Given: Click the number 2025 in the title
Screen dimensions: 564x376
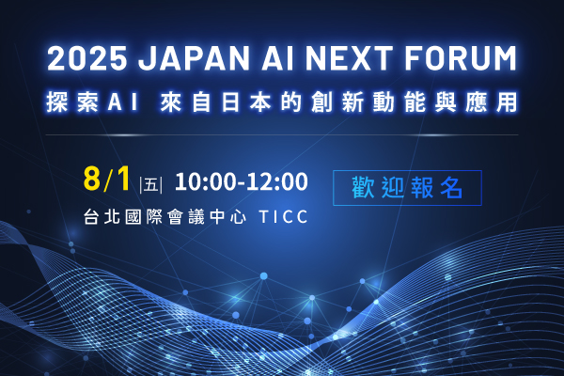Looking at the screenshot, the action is [x=87, y=58].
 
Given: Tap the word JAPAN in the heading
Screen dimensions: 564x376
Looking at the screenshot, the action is [x=195, y=58].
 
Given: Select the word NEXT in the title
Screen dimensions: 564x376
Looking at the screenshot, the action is [x=349, y=58].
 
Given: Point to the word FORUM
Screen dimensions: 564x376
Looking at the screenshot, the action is [x=461, y=58].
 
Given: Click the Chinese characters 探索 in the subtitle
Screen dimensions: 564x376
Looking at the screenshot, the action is [x=72, y=102].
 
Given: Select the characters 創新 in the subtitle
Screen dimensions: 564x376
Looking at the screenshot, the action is [x=337, y=102].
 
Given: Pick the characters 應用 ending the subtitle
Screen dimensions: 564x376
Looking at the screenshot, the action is [x=492, y=102].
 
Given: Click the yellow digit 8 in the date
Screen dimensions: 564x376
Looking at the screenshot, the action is [x=92, y=179].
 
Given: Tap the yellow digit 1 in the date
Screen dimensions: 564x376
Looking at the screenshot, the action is [x=123, y=179].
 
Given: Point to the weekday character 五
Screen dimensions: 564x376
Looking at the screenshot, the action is [x=151, y=185].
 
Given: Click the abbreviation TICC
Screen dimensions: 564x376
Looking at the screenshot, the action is [x=284, y=216].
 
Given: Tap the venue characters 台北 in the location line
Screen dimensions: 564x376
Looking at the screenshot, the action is [x=102, y=216].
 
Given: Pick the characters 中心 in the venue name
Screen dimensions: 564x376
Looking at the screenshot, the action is [x=228, y=216].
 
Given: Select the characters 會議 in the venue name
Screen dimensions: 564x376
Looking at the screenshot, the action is [x=186, y=216].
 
